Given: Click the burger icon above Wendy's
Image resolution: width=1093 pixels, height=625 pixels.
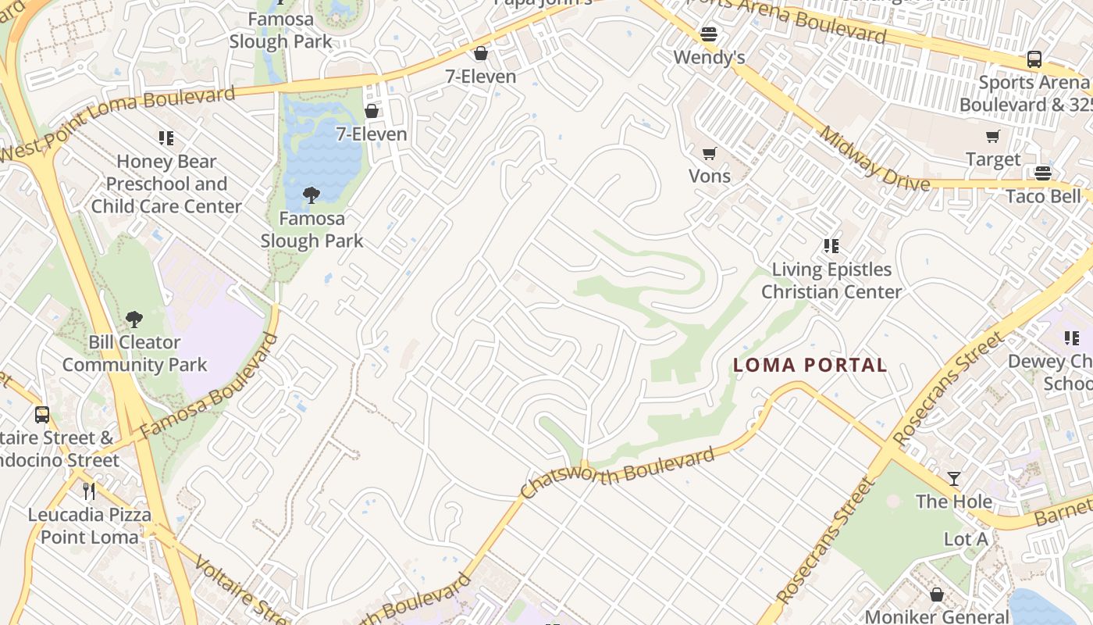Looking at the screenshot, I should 709,34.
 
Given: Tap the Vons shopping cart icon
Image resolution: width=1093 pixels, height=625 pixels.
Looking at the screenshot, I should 709,153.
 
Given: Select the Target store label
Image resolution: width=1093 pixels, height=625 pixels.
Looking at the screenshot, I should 993,159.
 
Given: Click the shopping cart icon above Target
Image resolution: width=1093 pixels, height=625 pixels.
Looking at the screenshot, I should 993,137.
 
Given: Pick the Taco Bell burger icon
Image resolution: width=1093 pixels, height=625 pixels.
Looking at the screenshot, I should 1043,173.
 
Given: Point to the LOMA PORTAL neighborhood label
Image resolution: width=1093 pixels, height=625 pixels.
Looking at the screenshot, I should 810,365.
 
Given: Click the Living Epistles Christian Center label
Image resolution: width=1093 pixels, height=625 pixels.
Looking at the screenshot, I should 831,280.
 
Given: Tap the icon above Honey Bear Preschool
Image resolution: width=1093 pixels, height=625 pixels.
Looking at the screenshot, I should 166,138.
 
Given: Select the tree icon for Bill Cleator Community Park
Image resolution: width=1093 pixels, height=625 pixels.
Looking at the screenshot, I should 134,319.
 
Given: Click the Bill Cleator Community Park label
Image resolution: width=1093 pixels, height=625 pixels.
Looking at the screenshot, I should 134,353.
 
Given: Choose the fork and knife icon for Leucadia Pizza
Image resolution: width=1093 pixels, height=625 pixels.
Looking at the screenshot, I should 89,491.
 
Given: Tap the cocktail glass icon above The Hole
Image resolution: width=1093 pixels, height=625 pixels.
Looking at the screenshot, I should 954,478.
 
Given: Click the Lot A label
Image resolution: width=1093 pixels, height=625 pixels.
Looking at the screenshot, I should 966,539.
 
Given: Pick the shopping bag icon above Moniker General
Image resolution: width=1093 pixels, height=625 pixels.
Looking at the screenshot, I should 937,595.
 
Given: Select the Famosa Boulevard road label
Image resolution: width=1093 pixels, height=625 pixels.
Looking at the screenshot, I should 209,386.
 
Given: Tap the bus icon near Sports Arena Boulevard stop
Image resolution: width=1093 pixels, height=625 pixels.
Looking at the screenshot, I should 1034,59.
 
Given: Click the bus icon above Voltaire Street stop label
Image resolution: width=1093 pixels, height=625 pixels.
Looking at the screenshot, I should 42,415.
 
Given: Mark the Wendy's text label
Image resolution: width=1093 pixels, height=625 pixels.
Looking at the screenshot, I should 709,57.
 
